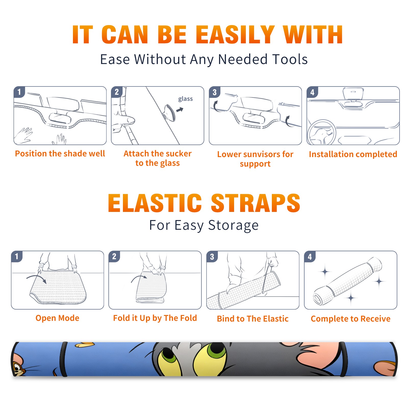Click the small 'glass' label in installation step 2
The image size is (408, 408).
click(185, 99)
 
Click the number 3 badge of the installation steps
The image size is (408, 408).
click(214, 92)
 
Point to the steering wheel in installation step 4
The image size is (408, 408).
click(322, 132)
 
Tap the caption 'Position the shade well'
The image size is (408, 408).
click(60, 154)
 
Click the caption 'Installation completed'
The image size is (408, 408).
click(353, 154)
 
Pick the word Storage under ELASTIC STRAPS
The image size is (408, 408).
click(233, 225)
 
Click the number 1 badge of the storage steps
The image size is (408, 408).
click(17, 257)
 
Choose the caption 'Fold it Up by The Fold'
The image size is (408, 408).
click(155, 318)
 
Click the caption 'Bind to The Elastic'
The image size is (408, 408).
click(253, 319)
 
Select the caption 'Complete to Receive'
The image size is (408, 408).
click(351, 319)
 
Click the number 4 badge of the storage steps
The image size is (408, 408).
click(310, 257)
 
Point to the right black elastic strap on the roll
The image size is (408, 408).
click(343, 359)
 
